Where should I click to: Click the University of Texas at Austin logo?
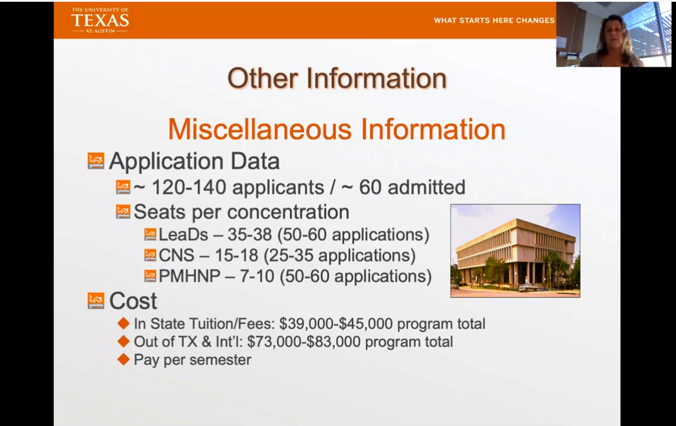[100, 20]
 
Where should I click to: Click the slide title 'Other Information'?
[337, 78]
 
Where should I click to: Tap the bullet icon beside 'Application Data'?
[95, 160]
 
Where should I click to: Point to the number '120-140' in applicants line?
[189, 187]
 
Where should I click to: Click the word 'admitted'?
[426, 187]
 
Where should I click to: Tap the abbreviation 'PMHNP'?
[189, 276]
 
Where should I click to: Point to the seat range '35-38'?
[250, 235]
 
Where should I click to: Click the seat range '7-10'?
[257, 276]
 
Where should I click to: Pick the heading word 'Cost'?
[133, 301]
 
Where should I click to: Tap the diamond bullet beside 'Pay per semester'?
[123, 359]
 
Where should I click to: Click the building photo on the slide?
[515, 251]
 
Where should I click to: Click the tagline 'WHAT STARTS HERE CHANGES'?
[494, 20]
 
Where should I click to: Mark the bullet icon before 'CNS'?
[150, 255]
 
